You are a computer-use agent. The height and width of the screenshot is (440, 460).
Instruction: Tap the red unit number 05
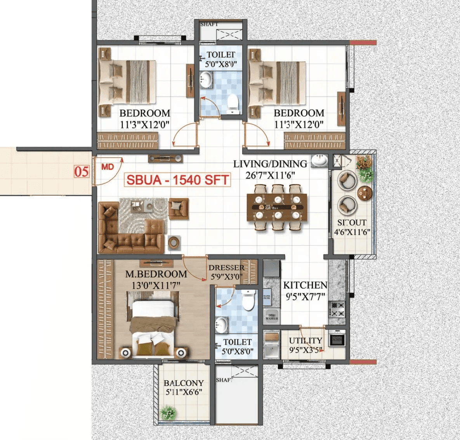point(82,171)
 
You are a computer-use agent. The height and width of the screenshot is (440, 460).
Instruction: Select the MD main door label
point(108,167)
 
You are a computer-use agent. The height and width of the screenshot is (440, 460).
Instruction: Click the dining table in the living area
point(277,207)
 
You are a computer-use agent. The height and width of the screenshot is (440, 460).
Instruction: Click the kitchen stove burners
point(337,310)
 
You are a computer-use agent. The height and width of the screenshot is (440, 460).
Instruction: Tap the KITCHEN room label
point(305,285)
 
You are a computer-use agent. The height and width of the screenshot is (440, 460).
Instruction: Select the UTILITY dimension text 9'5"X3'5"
point(305,350)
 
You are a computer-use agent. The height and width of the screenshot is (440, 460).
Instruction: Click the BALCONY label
point(184,383)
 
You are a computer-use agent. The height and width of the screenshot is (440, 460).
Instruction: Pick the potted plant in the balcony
point(168,412)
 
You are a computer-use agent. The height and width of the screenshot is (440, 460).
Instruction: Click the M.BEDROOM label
point(156,274)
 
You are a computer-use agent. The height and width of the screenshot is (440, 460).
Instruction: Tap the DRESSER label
point(226,268)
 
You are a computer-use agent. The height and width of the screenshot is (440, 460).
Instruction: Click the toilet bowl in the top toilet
point(233,103)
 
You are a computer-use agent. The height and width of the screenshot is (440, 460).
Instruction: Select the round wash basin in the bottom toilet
point(222,325)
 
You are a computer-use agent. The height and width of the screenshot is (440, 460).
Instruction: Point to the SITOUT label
point(352,223)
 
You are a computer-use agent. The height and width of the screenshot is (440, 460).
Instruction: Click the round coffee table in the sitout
point(365,193)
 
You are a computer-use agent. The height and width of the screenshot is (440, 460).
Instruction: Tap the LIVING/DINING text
point(270,164)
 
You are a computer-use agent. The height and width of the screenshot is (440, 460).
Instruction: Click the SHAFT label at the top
point(209,24)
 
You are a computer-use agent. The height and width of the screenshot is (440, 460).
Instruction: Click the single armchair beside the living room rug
point(178,209)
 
